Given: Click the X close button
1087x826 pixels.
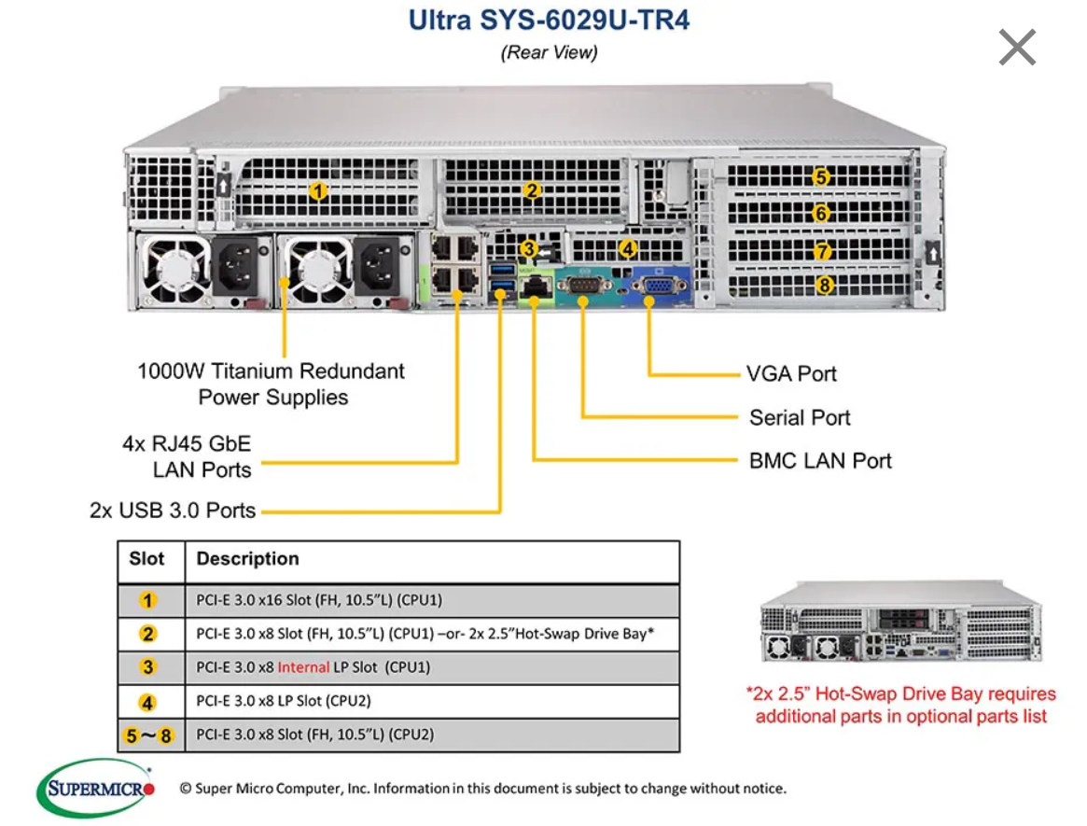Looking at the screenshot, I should [x=1017, y=48].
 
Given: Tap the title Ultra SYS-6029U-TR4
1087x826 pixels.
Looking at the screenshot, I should [x=549, y=20].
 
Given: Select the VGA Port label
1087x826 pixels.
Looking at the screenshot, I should [x=791, y=374].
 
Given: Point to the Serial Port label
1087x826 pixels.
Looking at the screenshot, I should [x=800, y=417].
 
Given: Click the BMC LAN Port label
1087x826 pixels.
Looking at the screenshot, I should [x=820, y=461].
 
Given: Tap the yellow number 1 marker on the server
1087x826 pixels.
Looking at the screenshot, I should [x=318, y=191].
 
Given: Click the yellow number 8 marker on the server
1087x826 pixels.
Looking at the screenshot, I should [x=824, y=286].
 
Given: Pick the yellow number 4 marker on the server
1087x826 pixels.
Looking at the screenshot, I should [x=628, y=249].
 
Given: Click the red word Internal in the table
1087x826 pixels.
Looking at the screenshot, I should [x=303, y=667].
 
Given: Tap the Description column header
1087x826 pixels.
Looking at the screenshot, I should [x=247, y=559].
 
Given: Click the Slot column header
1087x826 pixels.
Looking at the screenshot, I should [x=146, y=559].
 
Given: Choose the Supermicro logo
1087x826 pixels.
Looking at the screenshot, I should [x=95, y=789].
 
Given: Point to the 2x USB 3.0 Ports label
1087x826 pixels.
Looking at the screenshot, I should [x=173, y=511].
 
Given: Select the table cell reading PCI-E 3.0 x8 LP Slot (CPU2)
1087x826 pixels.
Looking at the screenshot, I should [x=290, y=701].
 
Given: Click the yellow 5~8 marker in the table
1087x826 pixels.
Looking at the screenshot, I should [x=148, y=735].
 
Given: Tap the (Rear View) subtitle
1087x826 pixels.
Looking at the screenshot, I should [x=549, y=52].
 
